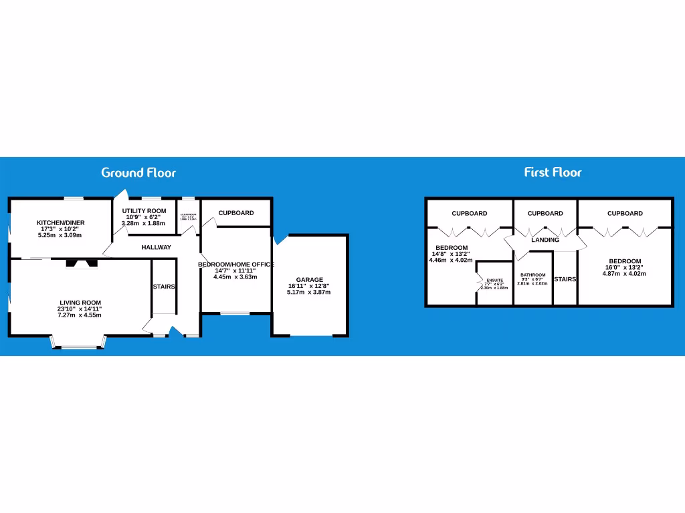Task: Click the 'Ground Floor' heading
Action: (x=138, y=172)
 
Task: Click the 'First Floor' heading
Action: (x=553, y=172)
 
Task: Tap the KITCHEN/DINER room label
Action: (x=60, y=222)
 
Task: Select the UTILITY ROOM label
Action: (x=144, y=211)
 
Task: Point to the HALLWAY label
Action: (x=156, y=247)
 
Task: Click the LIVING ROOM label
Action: (x=79, y=303)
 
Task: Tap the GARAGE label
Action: (x=309, y=280)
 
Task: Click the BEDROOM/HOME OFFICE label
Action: (x=235, y=265)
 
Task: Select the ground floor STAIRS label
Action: (x=164, y=287)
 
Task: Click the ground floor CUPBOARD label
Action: (x=236, y=213)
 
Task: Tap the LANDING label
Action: (x=545, y=240)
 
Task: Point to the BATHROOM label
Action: (x=532, y=275)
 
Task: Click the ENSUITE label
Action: (x=494, y=281)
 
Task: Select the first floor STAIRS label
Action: (x=565, y=279)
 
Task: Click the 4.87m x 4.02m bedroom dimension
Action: (x=625, y=273)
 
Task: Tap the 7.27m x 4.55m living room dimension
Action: (x=79, y=315)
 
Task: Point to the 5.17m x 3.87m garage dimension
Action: (x=309, y=292)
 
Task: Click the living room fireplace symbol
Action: (x=82, y=264)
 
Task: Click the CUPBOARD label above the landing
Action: (x=545, y=214)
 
